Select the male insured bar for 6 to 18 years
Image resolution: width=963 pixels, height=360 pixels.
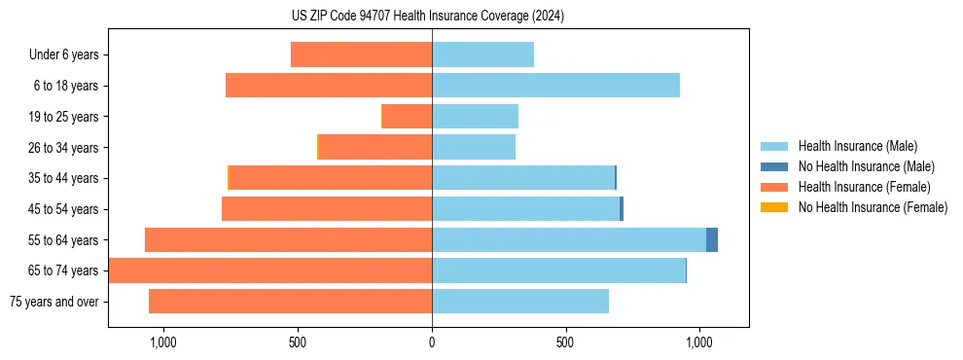[555, 86]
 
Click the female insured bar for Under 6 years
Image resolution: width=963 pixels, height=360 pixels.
[361, 54]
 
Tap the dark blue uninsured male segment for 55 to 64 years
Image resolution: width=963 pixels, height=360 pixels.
[712, 239]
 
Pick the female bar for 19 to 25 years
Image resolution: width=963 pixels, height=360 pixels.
[407, 117]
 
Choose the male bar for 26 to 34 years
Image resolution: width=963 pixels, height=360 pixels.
[474, 147]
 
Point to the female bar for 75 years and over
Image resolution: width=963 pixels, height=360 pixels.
[290, 302]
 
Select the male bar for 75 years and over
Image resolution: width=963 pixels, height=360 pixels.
[520, 302]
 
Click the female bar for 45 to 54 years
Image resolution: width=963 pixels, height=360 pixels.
[327, 209]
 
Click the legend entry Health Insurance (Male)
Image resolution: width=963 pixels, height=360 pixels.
[856, 147]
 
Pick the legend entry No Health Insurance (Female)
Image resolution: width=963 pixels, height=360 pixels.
[873, 207]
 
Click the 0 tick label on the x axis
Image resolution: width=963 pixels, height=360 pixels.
[432, 342]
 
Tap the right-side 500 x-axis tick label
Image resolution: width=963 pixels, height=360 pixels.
[565, 342]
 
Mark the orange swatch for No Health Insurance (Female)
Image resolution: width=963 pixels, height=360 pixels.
[774, 207]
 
